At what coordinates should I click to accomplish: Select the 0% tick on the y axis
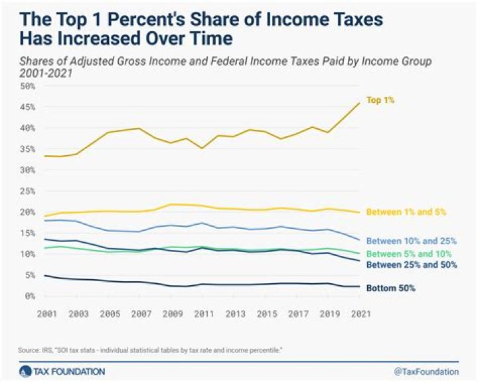[x=28, y=296]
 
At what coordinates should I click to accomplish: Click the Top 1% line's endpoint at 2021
[x=359, y=102]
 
